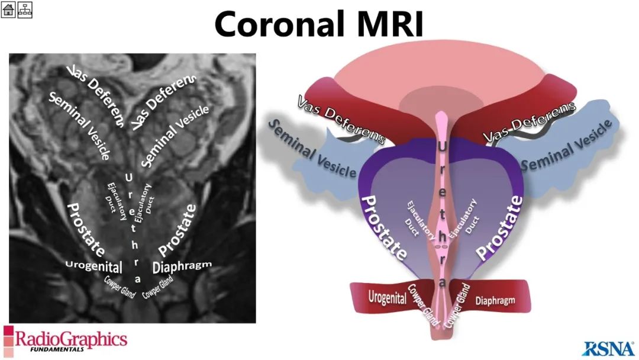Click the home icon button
(x=8, y=9)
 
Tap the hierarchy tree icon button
(x=24, y=9)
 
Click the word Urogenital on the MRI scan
(x=93, y=266)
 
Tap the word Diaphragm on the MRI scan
(x=182, y=266)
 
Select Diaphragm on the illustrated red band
(x=495, y=301)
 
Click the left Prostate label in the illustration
(x=384, y=227)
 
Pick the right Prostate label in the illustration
(x=499, y=227)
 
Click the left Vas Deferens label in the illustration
(x=341, y=120)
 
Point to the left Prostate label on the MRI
(x=85, y=229)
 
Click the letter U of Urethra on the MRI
(x=128, y=178)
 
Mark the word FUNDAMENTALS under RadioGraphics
(x=57, y=349)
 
